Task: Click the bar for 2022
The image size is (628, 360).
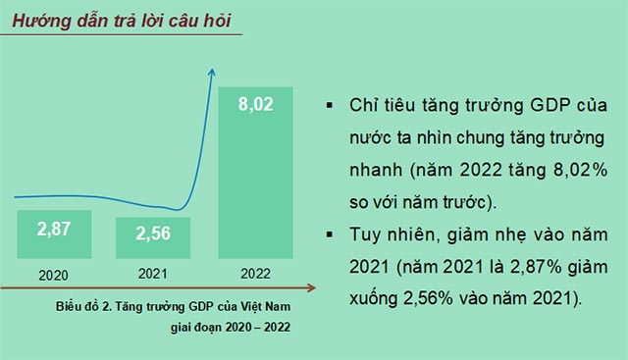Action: pos(256,172)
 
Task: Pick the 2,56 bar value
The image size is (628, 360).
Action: pos(153,233)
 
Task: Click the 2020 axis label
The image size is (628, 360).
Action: pos(55,275)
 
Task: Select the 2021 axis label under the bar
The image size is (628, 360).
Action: pos(152,275)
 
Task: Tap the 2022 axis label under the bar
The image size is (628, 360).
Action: pos(256,275)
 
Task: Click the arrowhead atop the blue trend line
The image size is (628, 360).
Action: pos(211,72)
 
